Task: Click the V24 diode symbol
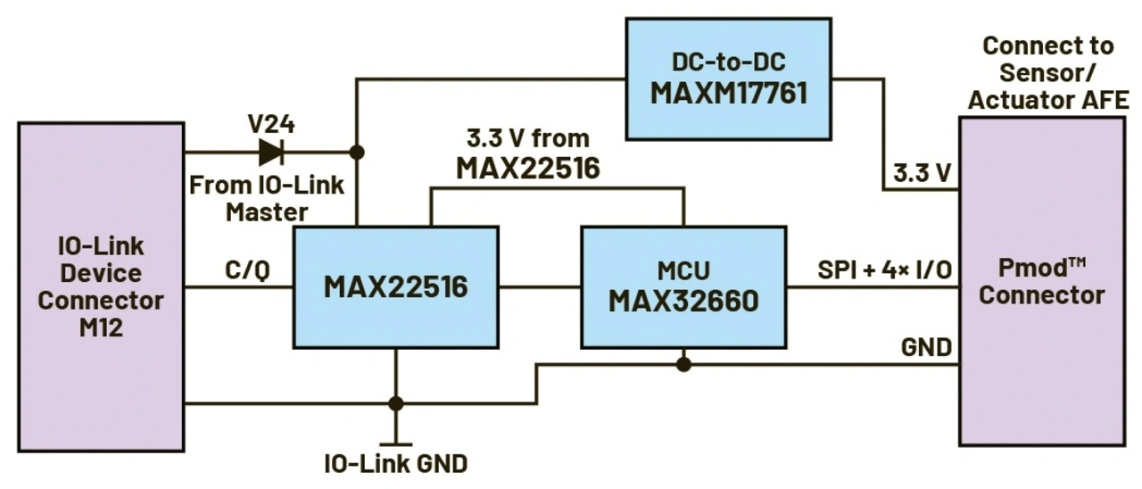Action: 271,152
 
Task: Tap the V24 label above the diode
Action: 271,124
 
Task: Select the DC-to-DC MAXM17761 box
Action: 729,79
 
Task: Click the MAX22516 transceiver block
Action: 395,287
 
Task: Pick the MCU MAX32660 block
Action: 683,287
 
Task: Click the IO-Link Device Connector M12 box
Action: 101,287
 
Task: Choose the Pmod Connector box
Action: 1042,281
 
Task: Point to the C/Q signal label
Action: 247,270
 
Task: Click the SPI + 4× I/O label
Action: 884,269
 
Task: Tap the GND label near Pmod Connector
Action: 926,348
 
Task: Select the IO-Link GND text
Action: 396,464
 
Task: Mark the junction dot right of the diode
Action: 357,152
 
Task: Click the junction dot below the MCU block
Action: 683,365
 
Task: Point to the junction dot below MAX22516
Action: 395,404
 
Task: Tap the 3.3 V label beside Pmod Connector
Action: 922,173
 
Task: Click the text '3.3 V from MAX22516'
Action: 528,153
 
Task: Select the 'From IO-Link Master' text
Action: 267,198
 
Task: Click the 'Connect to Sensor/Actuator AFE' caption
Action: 1048,73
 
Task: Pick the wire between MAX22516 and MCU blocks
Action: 540,287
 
